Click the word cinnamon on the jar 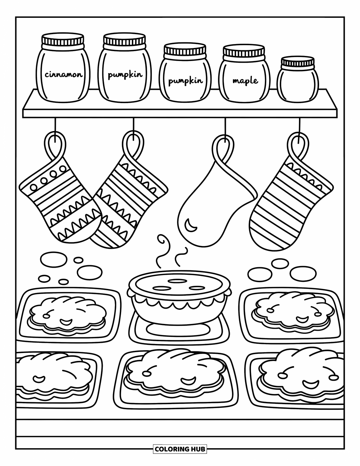click(x=64, y=75)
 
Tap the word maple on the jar click(x=245, y=81)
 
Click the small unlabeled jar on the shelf click(x=297, y=82)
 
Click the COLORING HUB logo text click(x=180, y=448)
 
